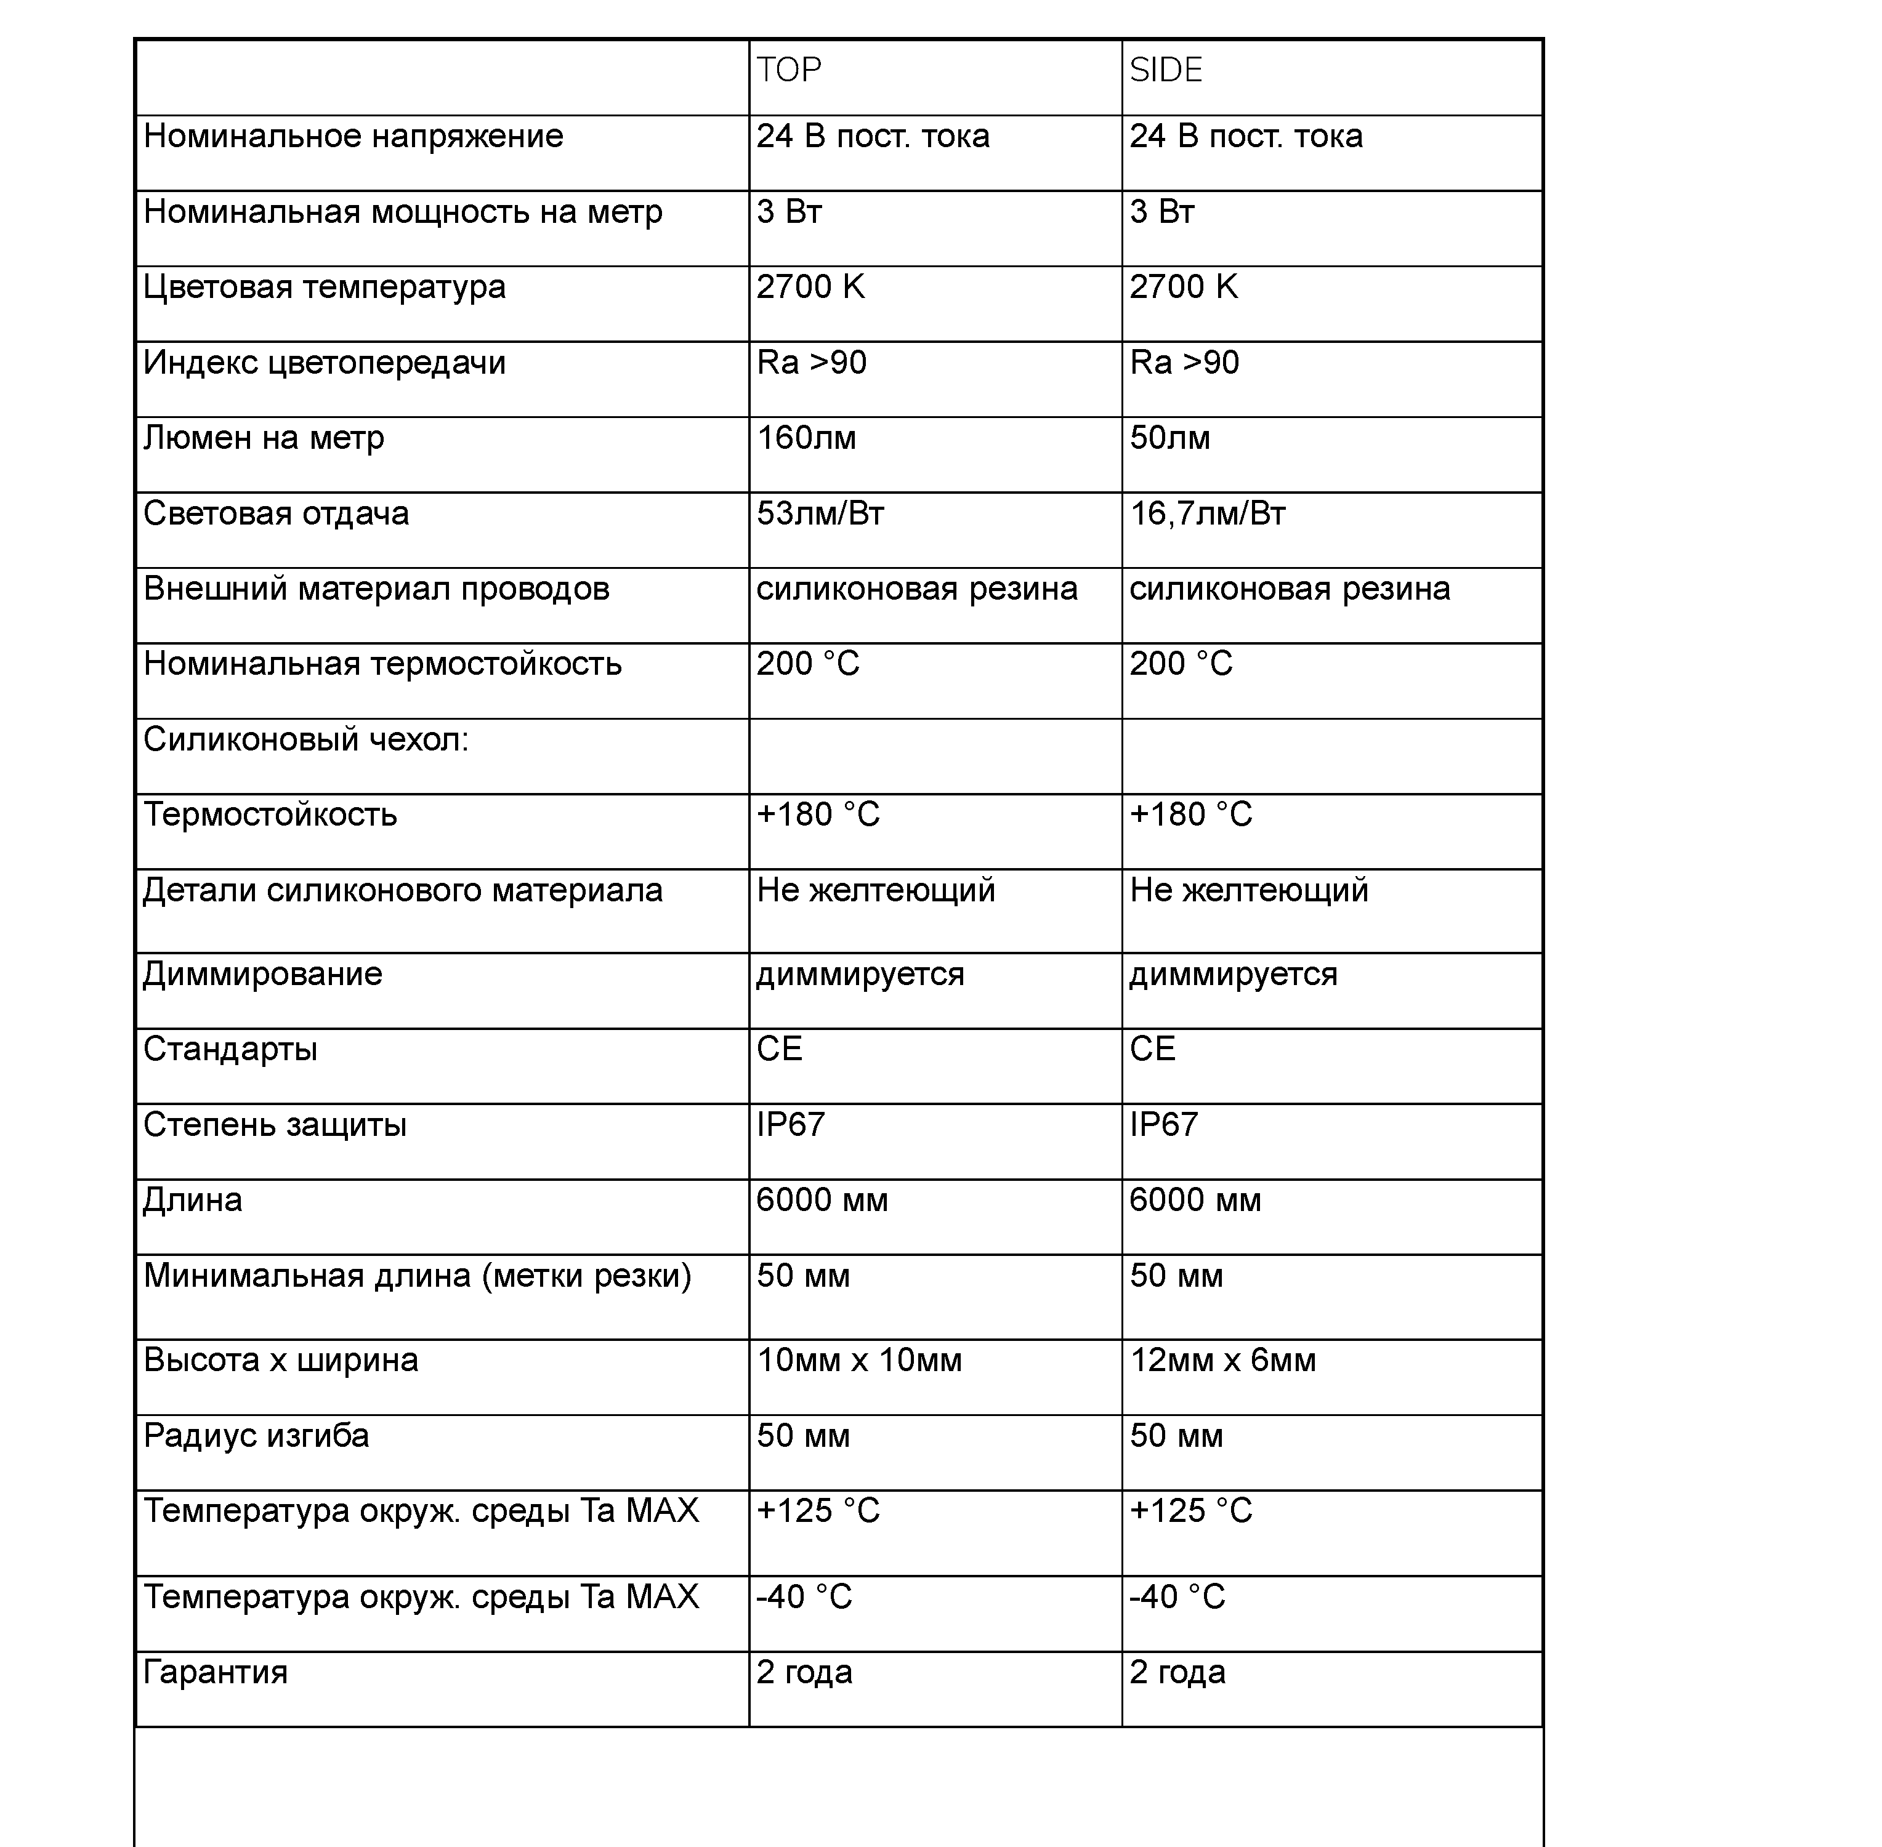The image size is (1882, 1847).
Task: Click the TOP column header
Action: pos(789,70)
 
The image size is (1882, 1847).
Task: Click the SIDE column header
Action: pos(1166,70)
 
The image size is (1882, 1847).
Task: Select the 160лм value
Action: pos(806,438)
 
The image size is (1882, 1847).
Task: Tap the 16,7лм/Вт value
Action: pos(1208,513)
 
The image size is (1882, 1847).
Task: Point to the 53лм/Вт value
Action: pos(821,513)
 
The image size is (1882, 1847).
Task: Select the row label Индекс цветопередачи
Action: pos(324,363)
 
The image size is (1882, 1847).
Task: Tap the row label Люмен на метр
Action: pos(264,438)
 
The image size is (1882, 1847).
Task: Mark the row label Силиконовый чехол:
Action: pos(305,740)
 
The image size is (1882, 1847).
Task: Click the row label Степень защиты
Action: pos(275,1125)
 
